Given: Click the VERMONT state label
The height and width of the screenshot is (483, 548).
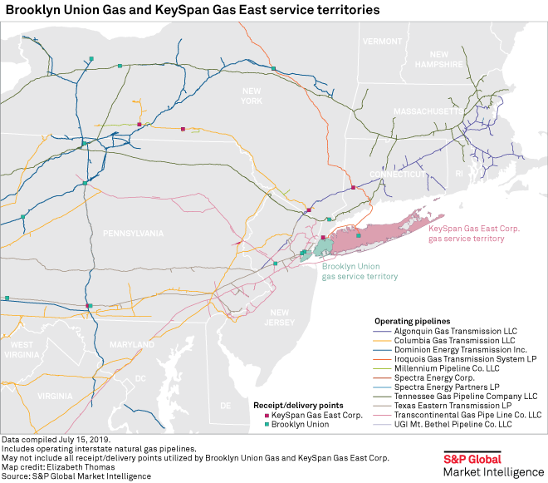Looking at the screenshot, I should [381, 41].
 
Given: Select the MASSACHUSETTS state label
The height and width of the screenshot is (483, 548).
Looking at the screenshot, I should [428, 111].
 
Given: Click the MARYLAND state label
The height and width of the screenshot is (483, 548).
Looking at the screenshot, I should [132, 344].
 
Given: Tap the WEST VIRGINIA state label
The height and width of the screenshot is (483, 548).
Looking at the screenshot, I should [22, 350].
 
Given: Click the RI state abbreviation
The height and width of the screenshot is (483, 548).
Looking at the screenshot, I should [458, 173].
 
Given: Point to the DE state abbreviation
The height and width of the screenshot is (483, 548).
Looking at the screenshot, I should [225, 406].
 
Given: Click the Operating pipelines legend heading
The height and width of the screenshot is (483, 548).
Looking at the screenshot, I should [412, 319].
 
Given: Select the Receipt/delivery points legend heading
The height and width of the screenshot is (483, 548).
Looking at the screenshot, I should [296, 406].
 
